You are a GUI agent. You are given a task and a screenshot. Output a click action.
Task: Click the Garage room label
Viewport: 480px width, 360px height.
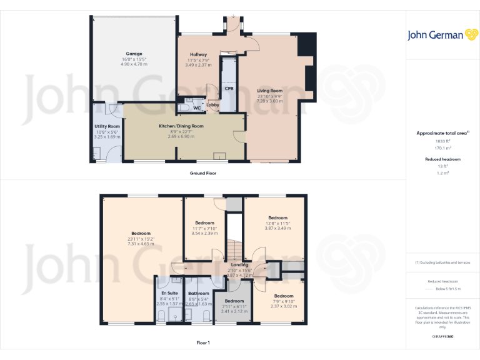133,54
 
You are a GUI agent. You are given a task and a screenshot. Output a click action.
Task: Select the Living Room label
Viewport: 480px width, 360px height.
270,91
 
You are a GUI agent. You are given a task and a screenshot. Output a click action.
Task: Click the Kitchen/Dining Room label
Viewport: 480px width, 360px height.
181,126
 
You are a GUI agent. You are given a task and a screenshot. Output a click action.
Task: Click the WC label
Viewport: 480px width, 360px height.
197,108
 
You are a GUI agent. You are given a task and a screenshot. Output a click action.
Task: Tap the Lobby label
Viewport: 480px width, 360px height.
212,105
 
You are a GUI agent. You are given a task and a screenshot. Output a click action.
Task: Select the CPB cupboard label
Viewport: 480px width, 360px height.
229,89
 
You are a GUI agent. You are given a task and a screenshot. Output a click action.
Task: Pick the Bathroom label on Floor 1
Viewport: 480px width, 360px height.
199,293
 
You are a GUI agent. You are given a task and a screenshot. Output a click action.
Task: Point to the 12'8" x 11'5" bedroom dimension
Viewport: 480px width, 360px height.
277,222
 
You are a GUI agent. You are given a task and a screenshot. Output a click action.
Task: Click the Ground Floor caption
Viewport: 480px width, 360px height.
203,172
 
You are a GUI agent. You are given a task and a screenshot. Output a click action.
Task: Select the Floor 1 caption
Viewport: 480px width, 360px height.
203,342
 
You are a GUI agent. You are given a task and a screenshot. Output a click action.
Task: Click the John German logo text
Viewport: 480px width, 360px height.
435,35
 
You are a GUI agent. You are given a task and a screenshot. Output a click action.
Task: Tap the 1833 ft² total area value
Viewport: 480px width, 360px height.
442,141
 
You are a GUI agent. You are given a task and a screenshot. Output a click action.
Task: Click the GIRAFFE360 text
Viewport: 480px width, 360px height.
442,337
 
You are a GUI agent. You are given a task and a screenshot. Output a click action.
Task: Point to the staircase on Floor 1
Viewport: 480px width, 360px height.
233,251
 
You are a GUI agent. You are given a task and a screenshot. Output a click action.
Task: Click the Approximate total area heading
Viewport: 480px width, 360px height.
441,133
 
